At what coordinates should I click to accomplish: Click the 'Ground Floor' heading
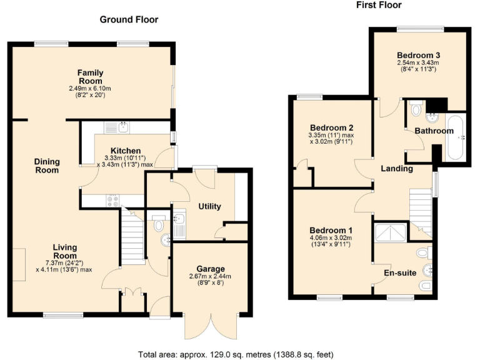coord(129,20)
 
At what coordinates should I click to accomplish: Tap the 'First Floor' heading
coord(378,6)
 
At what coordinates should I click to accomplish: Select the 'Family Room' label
coord(90,77)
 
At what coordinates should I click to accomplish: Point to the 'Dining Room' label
coord(47,166)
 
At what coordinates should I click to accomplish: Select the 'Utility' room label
coord(209,207)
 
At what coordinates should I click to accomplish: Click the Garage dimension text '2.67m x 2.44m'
coord(210,276)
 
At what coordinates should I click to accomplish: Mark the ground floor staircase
coord(132,232)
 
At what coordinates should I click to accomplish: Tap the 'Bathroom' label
coord(434,131)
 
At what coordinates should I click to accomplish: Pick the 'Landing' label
coord(397,169)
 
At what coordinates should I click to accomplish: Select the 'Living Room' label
coord(64,251)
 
